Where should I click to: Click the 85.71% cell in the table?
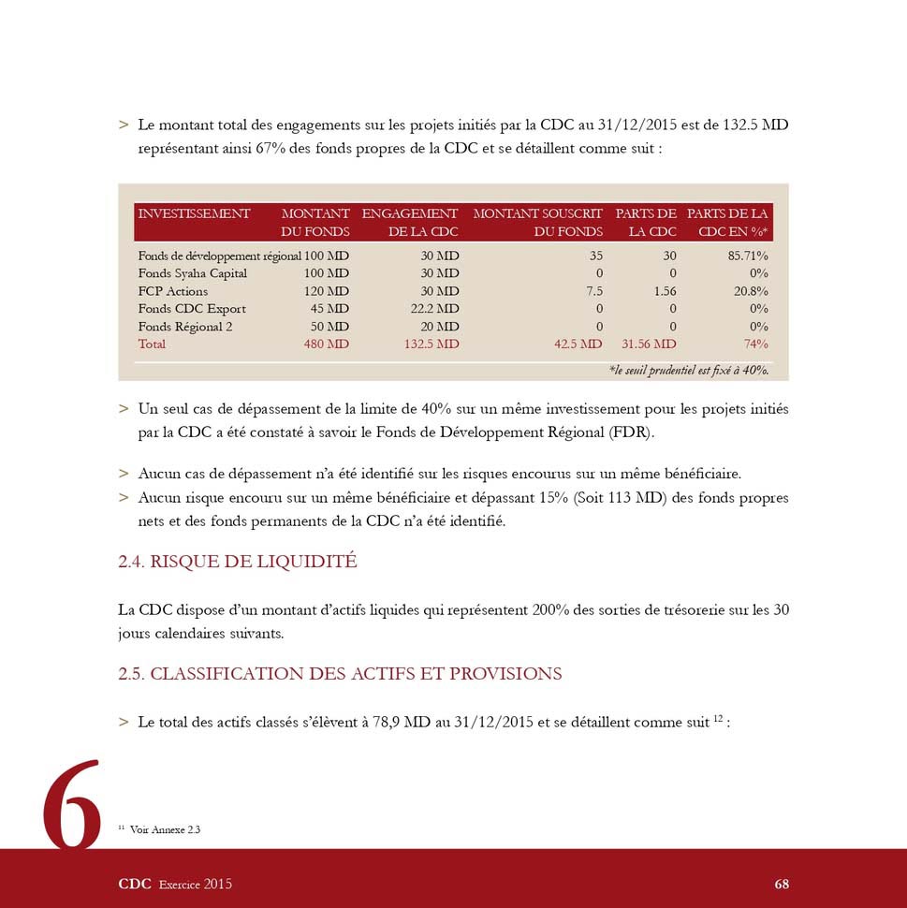[x=749, y=256]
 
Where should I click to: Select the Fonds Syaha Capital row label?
[x=193, y=273]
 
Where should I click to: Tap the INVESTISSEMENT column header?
[x=194, y=214]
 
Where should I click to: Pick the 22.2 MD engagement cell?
[x=434, y=309]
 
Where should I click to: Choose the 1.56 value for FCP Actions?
[x=665, y=291]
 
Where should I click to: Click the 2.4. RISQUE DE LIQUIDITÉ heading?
[x=238, y=562]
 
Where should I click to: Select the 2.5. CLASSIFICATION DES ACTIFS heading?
[x=340, y=674]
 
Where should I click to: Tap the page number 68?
[x=782, y=884]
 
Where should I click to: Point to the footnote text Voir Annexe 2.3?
[x=165, y=829]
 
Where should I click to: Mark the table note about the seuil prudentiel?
[x=688, y=370]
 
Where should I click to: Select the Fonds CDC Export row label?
[x=192, y=309]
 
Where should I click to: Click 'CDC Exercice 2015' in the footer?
[x=175, y=884]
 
